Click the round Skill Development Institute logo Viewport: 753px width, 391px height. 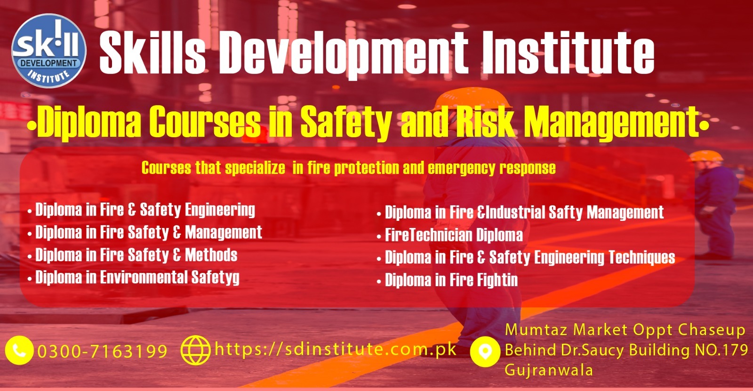tap(49, 51)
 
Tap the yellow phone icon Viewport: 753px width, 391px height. tap(19, 350)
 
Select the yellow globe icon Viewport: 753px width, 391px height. tap(196, 350)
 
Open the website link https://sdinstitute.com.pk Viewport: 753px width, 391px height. tap(336, 349)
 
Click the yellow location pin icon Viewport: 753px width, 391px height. tap(485, 352)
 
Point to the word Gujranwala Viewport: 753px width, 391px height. tap(549, 370)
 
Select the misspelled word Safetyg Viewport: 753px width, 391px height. tap(215, 278)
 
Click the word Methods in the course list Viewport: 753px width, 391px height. tap(211, 255)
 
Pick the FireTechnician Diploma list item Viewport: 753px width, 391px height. tap(454, 235)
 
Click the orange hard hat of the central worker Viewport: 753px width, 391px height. tap(473, 99)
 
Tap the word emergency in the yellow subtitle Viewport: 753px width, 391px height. tap(461, 168)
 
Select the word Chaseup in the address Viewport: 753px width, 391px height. tap(711, 330)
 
